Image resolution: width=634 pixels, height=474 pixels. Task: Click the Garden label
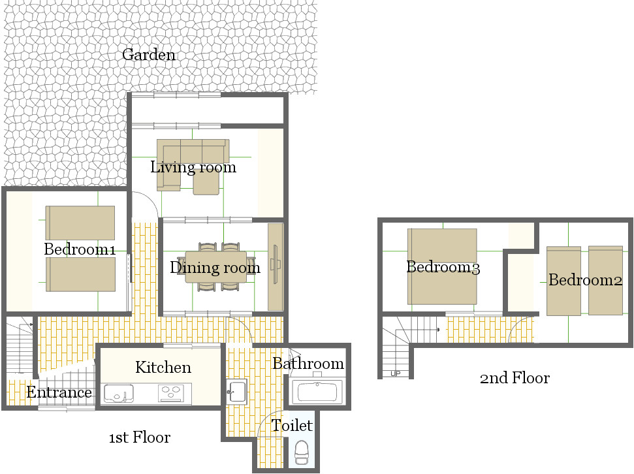tap(149, 55)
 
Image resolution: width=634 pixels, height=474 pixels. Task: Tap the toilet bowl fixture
tap(301, 452)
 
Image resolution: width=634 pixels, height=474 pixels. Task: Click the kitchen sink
tap(119, 394)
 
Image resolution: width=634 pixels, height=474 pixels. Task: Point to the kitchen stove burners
tap(171, 393)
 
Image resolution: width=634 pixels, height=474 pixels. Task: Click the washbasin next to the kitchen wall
tap(236, 392)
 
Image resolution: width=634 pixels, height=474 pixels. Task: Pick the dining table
tap(216, 267)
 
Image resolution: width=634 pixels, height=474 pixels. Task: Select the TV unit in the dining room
tap(276, 267)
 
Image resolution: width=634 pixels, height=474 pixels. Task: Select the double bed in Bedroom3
tap(442, 266)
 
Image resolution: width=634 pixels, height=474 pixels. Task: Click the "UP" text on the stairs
tap(396, 373)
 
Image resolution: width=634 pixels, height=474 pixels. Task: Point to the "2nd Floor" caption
tap(515, 378)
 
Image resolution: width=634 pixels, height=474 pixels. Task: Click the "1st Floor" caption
tap(140, 437)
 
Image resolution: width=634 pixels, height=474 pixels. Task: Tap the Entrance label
tap(59, 392)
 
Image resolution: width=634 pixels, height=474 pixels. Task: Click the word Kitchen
tap(163, 367)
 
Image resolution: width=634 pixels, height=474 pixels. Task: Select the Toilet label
tap(291, 426)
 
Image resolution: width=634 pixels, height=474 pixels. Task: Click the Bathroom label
tap(308, 363)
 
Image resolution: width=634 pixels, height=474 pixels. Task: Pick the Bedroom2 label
tap(585, 280)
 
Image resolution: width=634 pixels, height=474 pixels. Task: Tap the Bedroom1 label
tap(80, 249)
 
